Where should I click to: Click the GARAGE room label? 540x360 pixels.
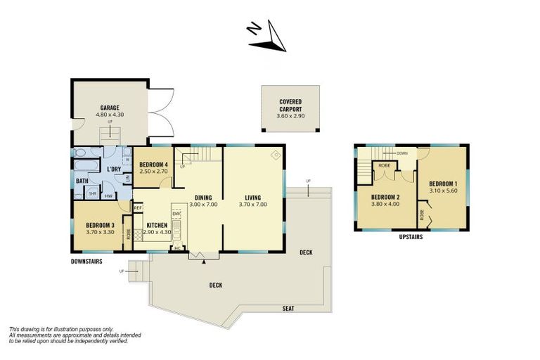click(110, 108)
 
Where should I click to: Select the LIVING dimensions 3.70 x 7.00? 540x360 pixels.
click(252, 204)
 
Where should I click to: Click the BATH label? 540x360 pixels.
click(82, 181)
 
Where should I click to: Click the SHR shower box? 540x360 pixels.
click(92, 193)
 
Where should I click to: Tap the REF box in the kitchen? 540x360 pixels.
click(138, 207)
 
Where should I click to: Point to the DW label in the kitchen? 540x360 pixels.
click(176, 213)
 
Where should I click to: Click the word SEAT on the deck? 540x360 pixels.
click(288, 309)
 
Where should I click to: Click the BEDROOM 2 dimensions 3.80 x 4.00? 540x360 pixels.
click(385, 204)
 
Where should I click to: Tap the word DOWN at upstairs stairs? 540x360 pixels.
click(402, 153)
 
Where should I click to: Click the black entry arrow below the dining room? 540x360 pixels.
click(205, 261)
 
